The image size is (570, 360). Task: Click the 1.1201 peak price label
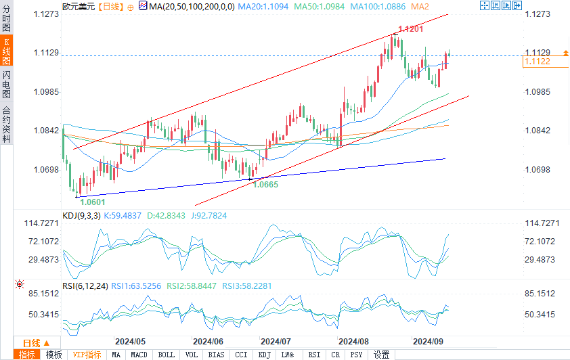(x=411, y=30)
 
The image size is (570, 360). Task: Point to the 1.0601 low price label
(x=93, y=201)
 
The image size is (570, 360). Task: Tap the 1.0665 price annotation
(x=266, y=185)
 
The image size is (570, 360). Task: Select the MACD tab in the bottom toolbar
(x=139, y=355)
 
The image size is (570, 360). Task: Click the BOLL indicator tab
(x=165, y=355)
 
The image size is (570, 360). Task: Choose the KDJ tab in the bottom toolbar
(x=265, y=355)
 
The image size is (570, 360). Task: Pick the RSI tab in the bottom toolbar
(x=314, y=355)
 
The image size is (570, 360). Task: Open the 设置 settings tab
(x=382, y=355)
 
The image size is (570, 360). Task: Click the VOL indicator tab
(x=192, y=355)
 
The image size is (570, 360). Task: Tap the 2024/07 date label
(x=276, y=341)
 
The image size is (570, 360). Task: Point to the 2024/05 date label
(x=131, y=341)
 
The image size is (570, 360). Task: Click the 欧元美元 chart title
(x=79, y=6)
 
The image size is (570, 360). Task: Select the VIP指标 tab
(x=87, y=355)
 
